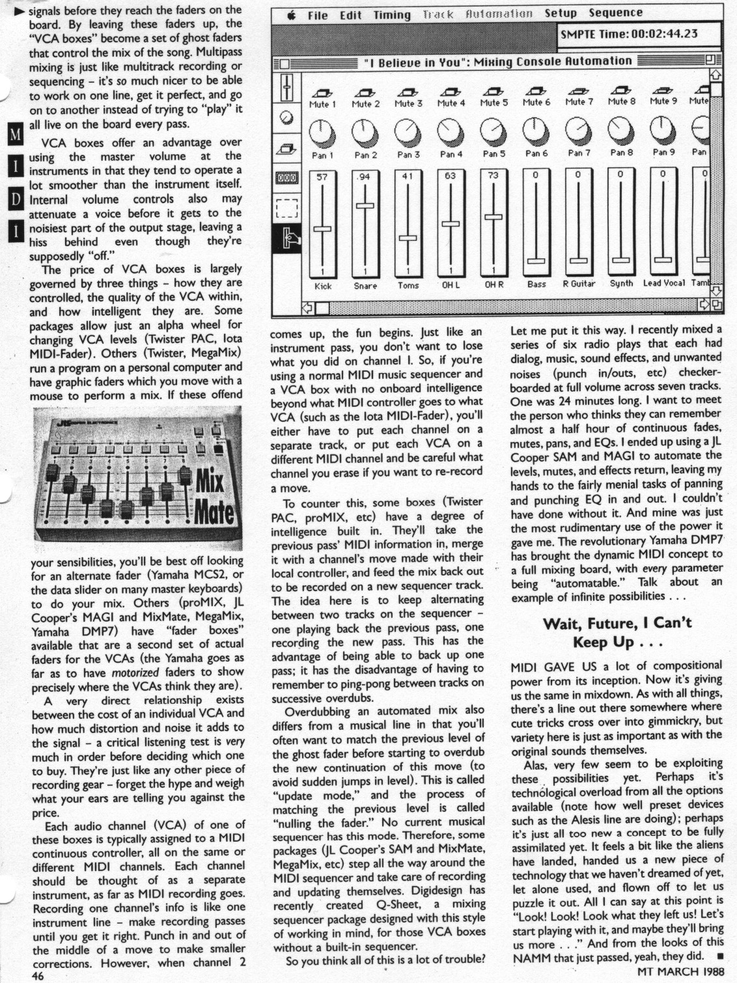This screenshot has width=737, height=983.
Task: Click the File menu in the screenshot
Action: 317,15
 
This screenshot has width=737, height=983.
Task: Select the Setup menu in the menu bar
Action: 561,14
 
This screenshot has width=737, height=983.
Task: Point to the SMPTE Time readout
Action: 628,34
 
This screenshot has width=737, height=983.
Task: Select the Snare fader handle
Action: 365,206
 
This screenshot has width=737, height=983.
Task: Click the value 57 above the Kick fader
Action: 322,176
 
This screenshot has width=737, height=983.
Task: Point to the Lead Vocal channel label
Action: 663,283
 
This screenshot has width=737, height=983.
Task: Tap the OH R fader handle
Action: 494,217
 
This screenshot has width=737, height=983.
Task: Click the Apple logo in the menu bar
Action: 290,15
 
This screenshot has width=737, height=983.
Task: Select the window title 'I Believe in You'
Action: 497,62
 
